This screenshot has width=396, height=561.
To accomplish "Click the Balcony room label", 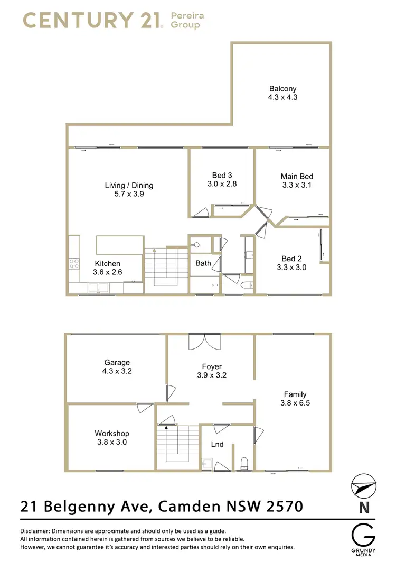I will (283, 89).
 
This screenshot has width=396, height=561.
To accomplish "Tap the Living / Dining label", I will (129, 185).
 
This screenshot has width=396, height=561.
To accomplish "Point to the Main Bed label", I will (297, 176).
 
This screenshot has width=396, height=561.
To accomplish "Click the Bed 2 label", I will (291, 259).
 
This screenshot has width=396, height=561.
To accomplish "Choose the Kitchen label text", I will (108, 263).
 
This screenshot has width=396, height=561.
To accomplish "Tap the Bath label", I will (203, 263).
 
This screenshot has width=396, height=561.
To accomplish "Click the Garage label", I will (117, 362).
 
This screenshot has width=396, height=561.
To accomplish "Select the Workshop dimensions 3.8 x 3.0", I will (111, 442).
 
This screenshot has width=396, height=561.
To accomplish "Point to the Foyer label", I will (212, 366).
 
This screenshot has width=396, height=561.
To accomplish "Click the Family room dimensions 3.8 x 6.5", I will (295, 403).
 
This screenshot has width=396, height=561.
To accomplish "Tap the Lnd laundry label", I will (218, 444).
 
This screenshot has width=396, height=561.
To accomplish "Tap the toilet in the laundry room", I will (244, 464).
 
